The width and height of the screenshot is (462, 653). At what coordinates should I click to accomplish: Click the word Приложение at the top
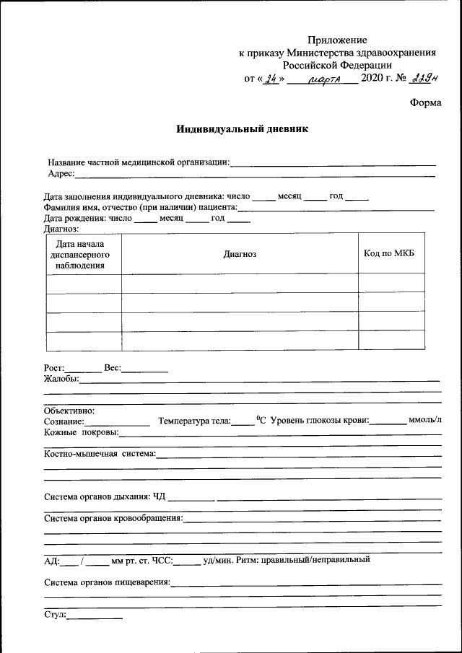(337, 40)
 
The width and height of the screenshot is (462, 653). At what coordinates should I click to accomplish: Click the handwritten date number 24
(271, 79)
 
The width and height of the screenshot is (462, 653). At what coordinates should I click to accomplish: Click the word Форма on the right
(425, 102)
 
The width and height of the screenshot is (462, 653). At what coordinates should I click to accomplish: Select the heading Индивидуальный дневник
(232, 130)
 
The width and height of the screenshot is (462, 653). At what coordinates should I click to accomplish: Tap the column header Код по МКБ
(391, 253)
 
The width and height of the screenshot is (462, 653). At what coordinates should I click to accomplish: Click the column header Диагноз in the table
(240, 253)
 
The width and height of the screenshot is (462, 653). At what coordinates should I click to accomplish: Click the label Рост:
(55, 368)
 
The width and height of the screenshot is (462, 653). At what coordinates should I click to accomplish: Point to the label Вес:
(112, 368)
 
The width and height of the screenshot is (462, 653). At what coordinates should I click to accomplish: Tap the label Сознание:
(64, 421)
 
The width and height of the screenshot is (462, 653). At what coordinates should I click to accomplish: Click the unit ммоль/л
(425, 420)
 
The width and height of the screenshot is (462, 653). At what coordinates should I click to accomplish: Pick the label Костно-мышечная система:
(100, 454)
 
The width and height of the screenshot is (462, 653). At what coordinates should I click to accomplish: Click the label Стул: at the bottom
(55, 615)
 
